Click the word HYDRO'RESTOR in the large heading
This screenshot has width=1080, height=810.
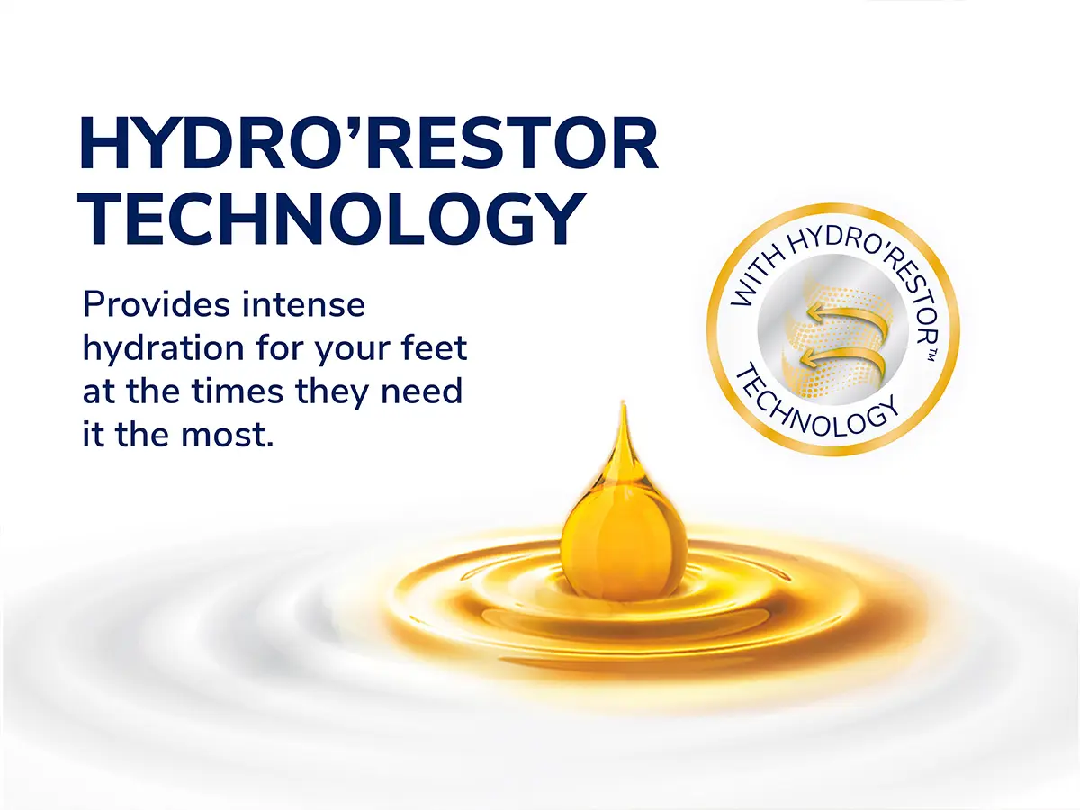click(x=368, y=143)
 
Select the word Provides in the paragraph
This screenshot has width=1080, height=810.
click(x=157, y=305)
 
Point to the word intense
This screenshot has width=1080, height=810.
click(x=303, y=305)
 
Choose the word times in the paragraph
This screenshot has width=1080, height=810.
click(x=238, y=391)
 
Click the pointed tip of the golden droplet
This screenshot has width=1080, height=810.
click(x=624, y=403)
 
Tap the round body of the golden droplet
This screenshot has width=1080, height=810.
click(x=624, y=541)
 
